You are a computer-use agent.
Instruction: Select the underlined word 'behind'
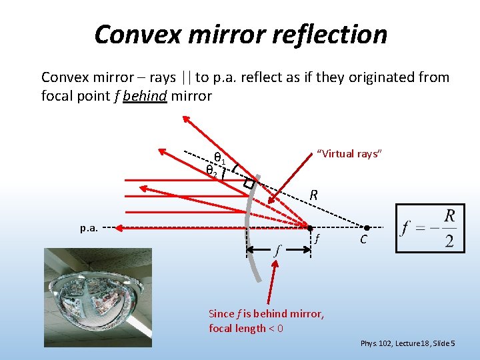tap(145, 95)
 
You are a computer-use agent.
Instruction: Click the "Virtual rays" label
tap(349, 154)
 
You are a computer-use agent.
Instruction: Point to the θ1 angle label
tap(219, 158)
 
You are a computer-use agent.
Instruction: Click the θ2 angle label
tap(211, 170)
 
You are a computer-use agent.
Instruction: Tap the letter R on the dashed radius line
tap(313, 195)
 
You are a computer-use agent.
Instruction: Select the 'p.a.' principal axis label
tap(89, 228)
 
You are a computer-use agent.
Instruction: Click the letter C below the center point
tap(364, 239)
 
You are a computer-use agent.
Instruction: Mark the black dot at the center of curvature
tap(366, 228)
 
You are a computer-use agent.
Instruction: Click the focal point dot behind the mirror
tap(310, 228)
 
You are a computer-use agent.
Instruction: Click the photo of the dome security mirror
tap(98, 297)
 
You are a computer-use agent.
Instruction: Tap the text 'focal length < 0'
tap(246, 328)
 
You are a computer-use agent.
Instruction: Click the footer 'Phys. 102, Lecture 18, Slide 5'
tap(408, 343)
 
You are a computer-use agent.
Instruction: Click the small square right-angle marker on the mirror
tap(249, 183)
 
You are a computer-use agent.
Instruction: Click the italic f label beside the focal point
tap(318, 239)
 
